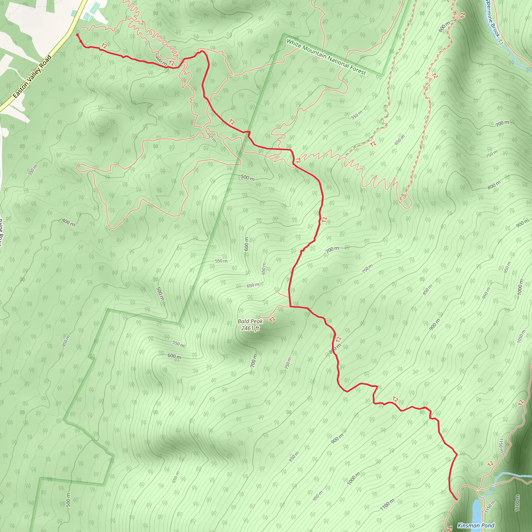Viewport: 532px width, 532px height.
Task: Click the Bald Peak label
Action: click(250, 321)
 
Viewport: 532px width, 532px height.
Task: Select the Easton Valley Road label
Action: click(32, 77)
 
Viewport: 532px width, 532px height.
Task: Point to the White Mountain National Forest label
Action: click(326, 57)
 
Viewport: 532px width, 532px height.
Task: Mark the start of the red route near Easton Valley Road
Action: click(77, 35)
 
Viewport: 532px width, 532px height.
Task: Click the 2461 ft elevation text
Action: click(250, 328)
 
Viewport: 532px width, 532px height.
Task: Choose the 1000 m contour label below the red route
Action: click(354, 478)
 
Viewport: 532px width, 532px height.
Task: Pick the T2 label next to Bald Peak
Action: click(272, 320)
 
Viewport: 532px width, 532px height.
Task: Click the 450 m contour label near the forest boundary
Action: click(66, 341)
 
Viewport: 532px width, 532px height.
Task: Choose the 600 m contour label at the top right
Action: click(444, 27)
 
